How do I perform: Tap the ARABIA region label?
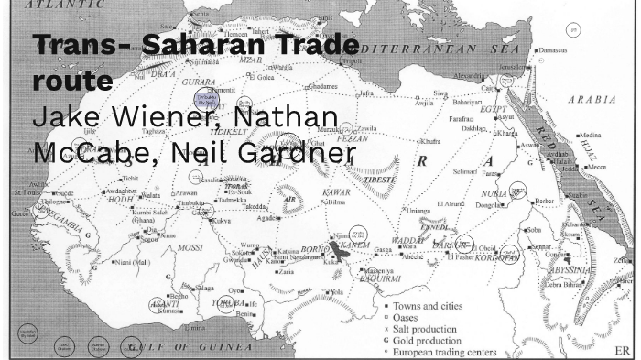(x=592, y=98)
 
